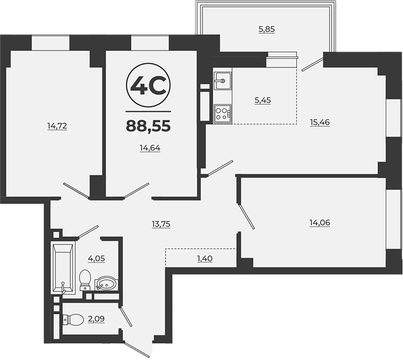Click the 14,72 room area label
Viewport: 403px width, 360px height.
click(x=57, y=126)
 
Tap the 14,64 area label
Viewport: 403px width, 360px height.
click(x=150, y=148)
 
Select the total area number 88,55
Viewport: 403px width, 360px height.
click(x=148, y=126)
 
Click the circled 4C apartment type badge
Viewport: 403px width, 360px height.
click(x=148, y=85)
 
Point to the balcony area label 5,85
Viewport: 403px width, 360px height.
click(x=267, y=29)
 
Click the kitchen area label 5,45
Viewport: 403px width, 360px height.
click(x=263, y=100)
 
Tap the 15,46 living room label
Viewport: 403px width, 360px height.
click(x=320, y=122)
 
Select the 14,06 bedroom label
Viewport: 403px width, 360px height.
click(x=320, y=223)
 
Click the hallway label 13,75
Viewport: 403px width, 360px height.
click(x=161, y=224)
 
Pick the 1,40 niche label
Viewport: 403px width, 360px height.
click(x=204, y=259)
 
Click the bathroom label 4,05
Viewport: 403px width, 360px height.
click(x=96, y=259)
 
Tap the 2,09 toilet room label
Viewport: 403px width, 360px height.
click(x=96, y=319)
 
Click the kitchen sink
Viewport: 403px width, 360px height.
click(x=223, y=81)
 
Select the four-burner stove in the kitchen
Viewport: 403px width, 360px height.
click(x=223, y=114)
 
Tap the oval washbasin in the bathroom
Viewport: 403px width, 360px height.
click(x=107, y=284)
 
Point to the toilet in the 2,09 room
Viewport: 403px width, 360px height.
click(x=73, y=319)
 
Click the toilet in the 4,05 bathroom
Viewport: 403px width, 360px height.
click(x=85, y=280)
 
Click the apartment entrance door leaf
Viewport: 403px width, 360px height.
click(x=136, y=349)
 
